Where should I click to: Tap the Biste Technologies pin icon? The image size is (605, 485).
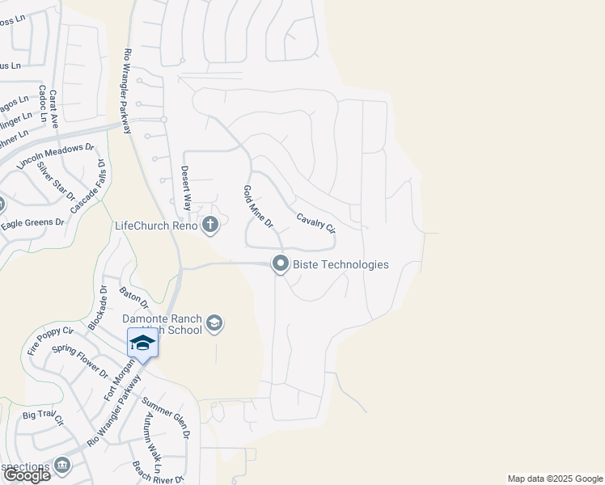coord(281,264)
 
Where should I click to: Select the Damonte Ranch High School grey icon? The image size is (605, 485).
coord(214,324)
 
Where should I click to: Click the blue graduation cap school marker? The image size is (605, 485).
coord(142,343)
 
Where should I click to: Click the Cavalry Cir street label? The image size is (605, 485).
coord(315,223)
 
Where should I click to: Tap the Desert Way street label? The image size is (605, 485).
coord(185,188)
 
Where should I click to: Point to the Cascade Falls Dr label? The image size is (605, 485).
coord(89,186)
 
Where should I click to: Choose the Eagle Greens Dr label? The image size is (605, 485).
coord(32,222)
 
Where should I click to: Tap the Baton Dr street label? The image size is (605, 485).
coord(133,297)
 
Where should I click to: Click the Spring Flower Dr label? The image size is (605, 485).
coord(79,361)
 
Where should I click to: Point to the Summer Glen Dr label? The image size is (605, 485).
coord(165,417)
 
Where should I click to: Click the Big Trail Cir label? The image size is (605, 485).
coord(43,418)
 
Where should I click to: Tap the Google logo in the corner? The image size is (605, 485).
coord(27,475)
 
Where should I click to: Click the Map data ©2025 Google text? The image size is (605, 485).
coord(554,479)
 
